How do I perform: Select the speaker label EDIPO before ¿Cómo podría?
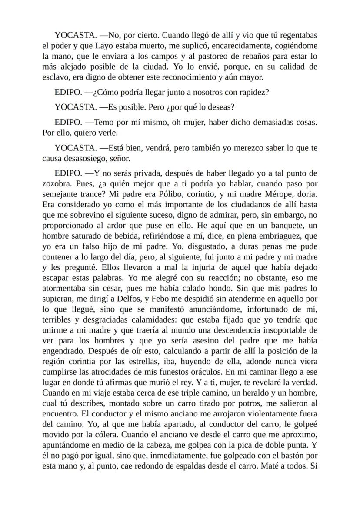[68, 93]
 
